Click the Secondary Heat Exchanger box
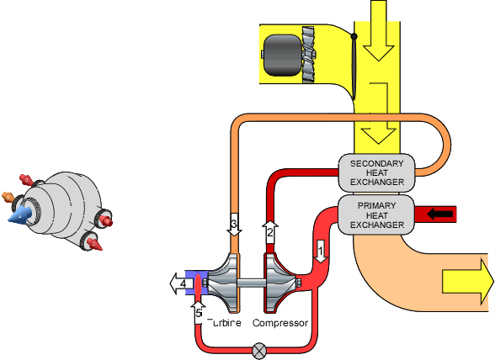pyautogui.click(x=377, y=172)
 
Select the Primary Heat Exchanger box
pyautogui.click(x=377, y=215)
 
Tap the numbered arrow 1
pyautogui.click(x=320, y=250)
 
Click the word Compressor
pyautogui.click(x=280, y=323)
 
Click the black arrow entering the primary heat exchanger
pyautogui.click(x=440, y=214)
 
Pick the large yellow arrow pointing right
pyautogui.click(x=462, y=281)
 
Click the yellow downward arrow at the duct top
pyautogui.click(x=375, y=29)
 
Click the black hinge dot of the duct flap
pyautogui.click(x=354, y=35)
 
